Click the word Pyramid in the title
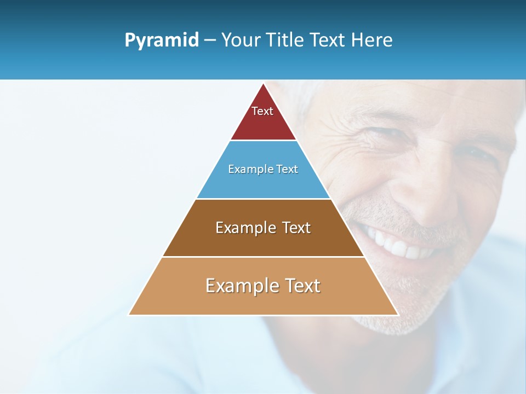[161, 40]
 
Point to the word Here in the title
[372, 40]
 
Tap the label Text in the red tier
[262, 111]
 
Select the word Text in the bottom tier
[301, 286]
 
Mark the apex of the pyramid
[264, 84]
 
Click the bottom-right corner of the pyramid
[398, 315]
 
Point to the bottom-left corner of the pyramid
[129, 315]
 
